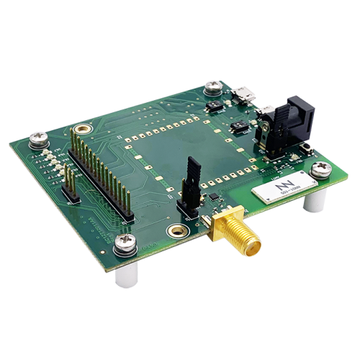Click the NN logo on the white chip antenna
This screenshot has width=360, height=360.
(x=279, y=189)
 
